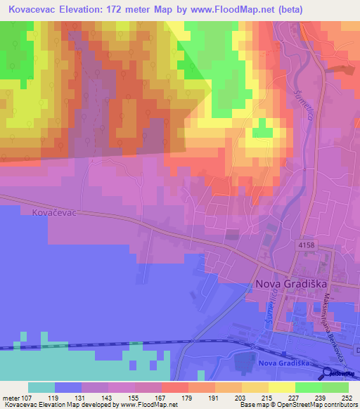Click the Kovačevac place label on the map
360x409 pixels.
[x=53, y=211]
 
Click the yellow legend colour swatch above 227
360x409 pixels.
[x=282, y=387]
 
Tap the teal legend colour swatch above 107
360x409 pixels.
[x=41, y=387]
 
